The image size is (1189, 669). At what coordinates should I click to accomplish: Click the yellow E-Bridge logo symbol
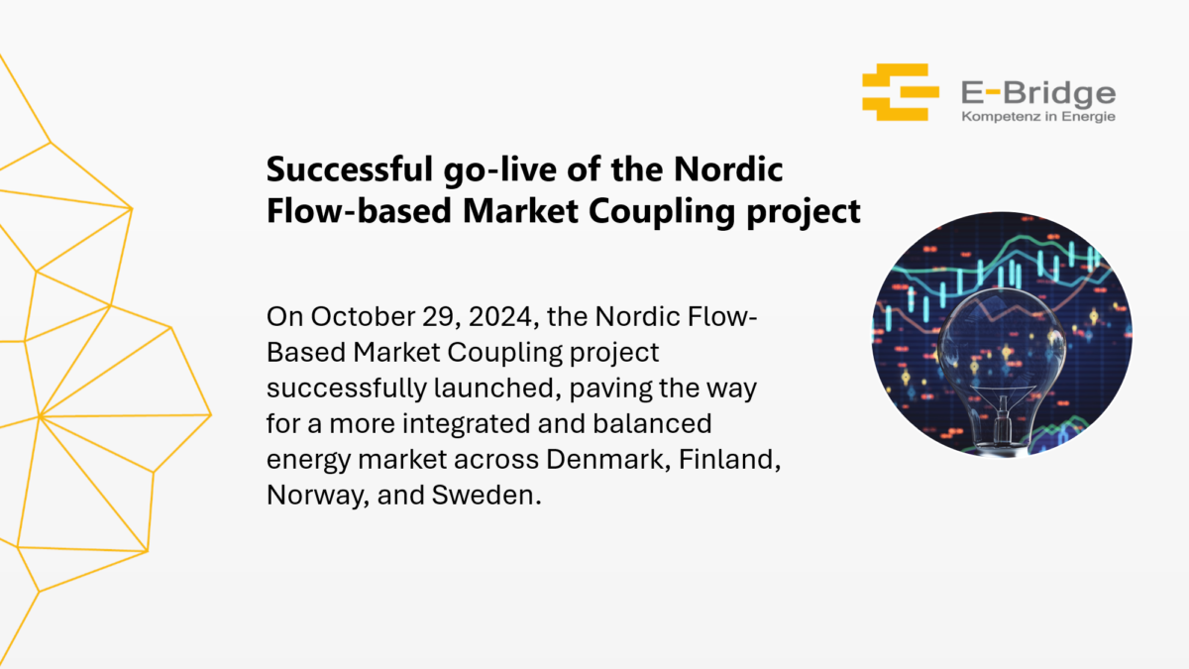[x=900, y=92]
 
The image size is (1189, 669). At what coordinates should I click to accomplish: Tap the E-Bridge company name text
[x=1037, y=93]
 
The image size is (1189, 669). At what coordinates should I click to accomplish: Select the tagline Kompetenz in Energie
[x=1037, y=117]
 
